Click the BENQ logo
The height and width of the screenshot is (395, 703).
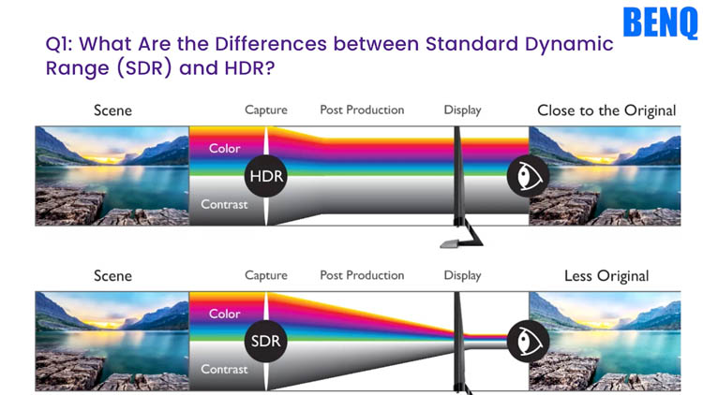(x=660, y=22)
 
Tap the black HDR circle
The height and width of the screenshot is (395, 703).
(x=266, y=176)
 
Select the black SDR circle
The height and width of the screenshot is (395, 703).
(x=266, y=342)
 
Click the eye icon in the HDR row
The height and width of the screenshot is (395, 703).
(x=528, y=176)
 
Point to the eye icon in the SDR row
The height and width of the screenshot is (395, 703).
(x=528, y=342)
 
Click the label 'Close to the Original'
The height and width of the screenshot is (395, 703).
(x=606, y=110)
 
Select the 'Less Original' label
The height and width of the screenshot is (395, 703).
(x=606, y=276)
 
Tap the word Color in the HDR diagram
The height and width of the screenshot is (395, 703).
(x=225, y=148)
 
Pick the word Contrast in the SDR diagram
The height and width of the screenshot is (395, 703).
(x=224, y=370)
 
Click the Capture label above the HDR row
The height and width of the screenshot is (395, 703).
(x=266, y=110)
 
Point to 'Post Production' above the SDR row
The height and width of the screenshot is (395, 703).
(x=362, y=275)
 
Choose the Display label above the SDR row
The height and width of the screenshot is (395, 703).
(x=462, y=276)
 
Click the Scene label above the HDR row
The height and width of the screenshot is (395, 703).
(x=112, y=110)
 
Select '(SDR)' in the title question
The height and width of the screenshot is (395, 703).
(x=144, y=68)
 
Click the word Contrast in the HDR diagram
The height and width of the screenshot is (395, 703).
(x=224, y=205)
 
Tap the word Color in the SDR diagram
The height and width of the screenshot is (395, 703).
(x=225, y=314)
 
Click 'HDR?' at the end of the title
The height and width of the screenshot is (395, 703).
(x=249, y=68)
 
